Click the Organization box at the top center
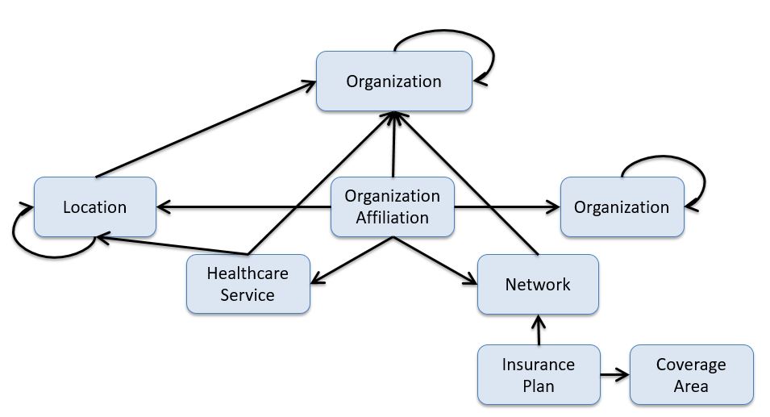coord(393,81)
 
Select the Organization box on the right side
coord(622,207)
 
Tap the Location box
coord(94,207)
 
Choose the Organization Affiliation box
coord(393,206)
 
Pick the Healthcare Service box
coord(248,284)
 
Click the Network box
coord(538,285)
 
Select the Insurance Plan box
coord(538,375)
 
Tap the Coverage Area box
coord(691,375)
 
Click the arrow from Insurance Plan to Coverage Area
coord(614,375)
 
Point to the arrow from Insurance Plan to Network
coord(538,330)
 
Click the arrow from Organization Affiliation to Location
coord(242,208)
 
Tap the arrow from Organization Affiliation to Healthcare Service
coord(351,261)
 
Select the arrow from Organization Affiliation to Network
coord(435,261)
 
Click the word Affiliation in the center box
coord(393,217)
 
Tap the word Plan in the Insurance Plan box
coord(538,386)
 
